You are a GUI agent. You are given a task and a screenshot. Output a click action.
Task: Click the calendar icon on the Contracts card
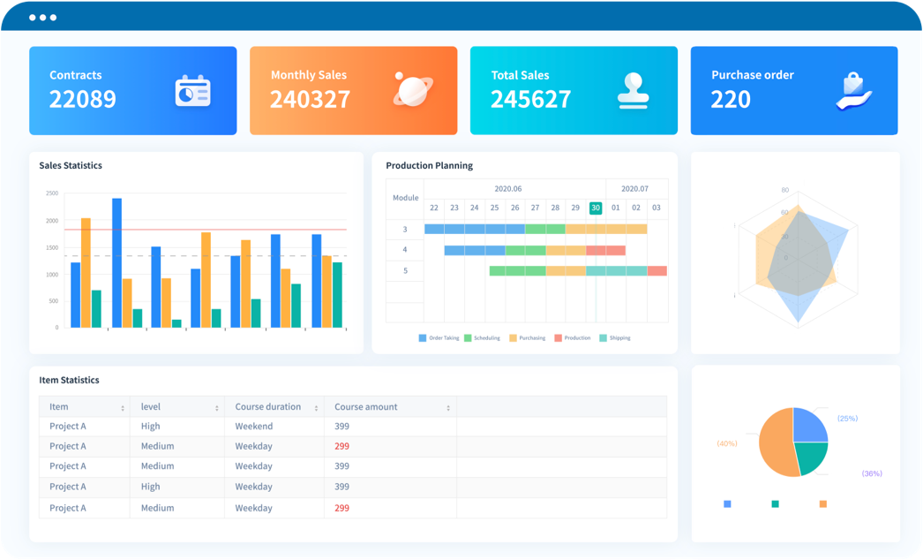click(x=192, y=91)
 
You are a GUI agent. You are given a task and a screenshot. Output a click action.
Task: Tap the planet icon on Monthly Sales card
click(x=411, y=90)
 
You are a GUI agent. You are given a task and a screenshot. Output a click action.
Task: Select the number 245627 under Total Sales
click(x=530, y=100)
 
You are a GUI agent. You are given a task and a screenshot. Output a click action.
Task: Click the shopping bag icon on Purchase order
click(x=852, y=91)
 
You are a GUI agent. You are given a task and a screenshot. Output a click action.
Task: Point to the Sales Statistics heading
click(x=71, y=165)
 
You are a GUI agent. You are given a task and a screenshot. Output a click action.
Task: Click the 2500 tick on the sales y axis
click(x=52, y=193)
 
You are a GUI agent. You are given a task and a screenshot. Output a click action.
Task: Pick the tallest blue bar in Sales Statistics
click(x=116, y=262)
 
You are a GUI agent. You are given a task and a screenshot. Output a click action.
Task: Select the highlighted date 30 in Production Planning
click(x=596, y=208)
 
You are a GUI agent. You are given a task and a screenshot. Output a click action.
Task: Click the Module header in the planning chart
click(x=405, y=198)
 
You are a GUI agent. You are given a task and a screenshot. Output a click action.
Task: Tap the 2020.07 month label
click(x=634, y=188)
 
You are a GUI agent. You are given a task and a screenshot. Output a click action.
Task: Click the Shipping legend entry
click(x=615, y=338)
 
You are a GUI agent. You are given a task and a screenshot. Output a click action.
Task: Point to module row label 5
click(x=405, y=270)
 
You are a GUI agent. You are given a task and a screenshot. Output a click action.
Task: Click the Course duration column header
click(x=267, y=407)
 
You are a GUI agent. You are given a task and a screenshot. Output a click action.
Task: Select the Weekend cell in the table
click(x=253, y=427)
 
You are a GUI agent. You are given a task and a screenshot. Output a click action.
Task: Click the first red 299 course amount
click(x=341, y=446)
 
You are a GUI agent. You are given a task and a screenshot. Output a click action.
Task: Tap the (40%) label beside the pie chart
click(x=727, y=443)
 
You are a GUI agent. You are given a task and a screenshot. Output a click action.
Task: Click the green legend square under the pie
click(x=775, y=503)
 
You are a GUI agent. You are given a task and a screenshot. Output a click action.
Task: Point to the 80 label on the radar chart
click(x=784, y=190)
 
